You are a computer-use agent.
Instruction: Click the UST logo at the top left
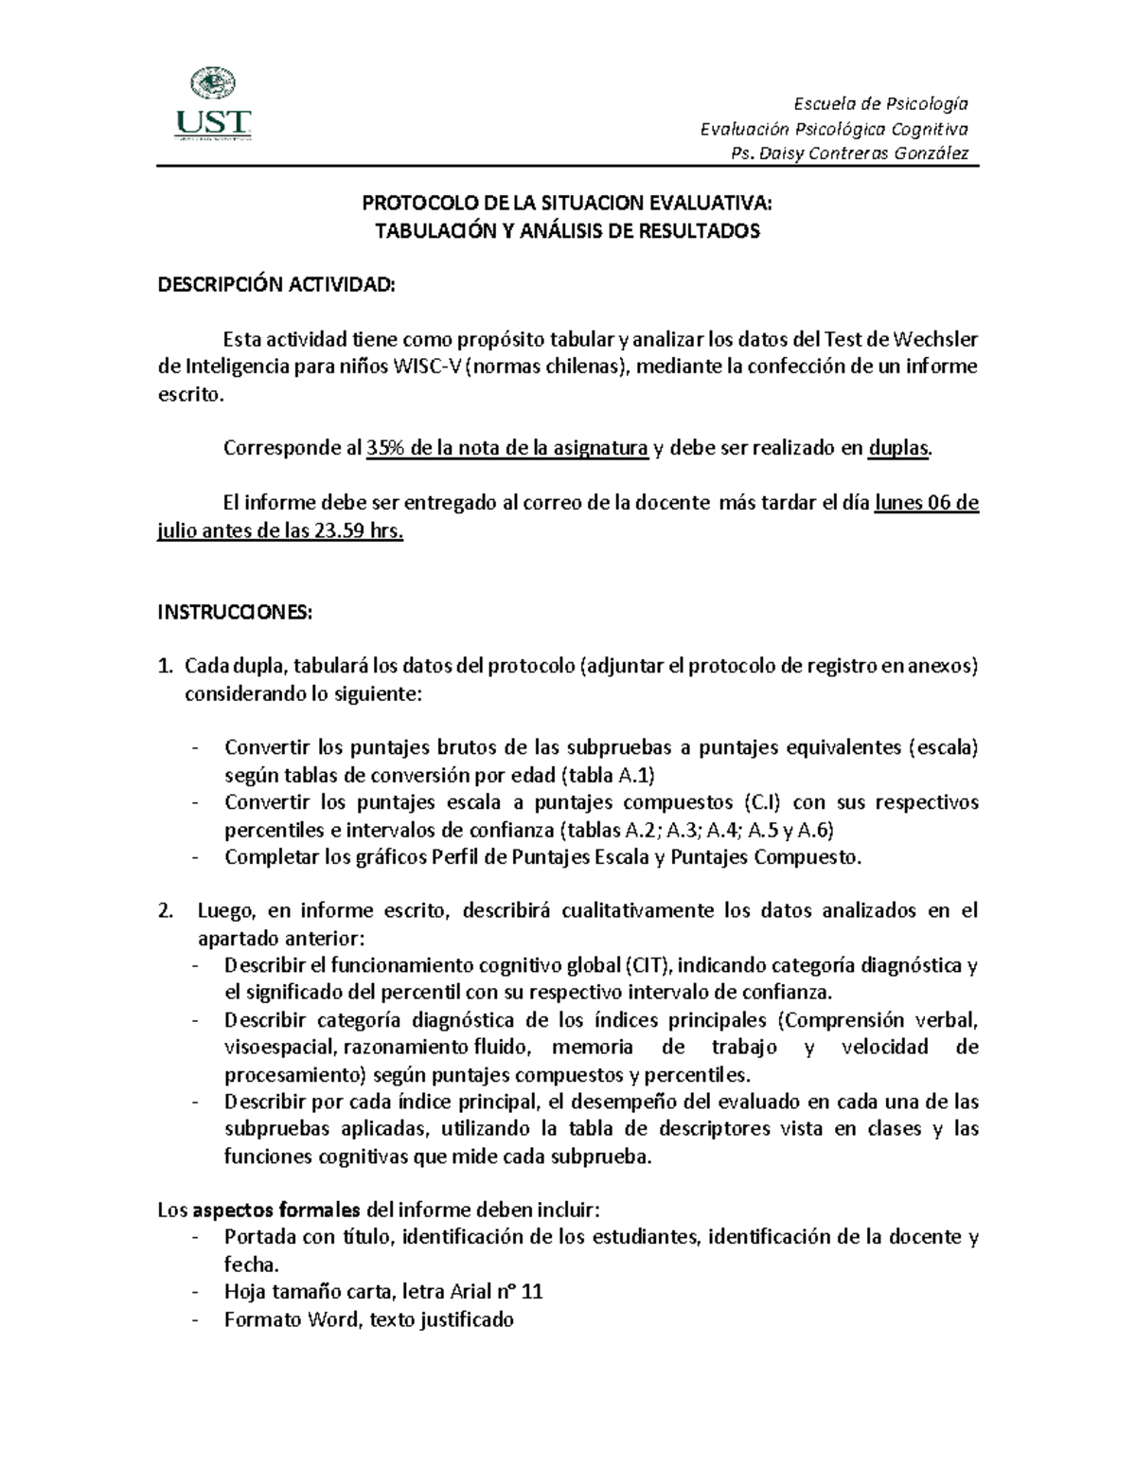[213, 106]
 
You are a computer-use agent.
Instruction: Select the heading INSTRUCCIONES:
[233, 613]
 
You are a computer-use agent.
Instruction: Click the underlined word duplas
[898, 448]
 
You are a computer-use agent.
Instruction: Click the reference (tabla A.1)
[607, 776]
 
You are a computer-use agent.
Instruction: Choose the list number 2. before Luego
[166, 911]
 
